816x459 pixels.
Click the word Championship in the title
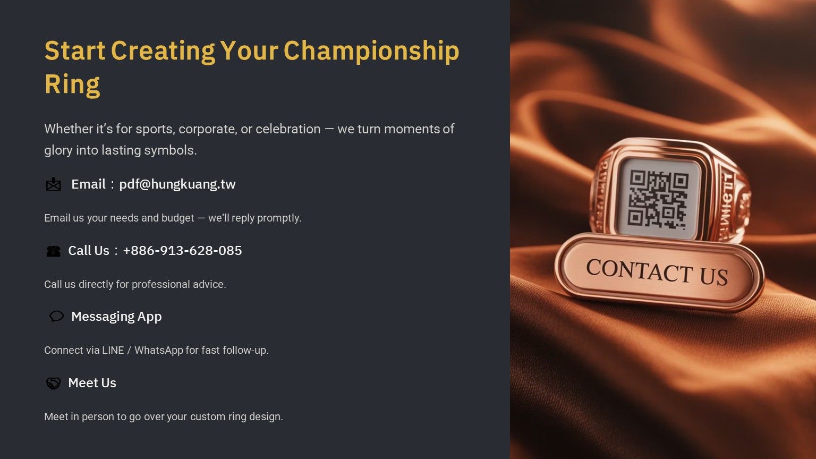(371, 51)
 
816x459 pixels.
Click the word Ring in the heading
(72, 84)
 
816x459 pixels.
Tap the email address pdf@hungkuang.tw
(177, 184)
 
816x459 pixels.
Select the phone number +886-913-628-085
(183, 251)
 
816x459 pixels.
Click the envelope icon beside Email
(54, 185)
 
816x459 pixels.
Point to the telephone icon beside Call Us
(53, 251)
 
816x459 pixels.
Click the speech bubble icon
(56, 316)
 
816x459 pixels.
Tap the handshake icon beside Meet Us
(53, 383)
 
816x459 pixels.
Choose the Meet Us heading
(92, 383)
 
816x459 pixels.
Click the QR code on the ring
(658, 199)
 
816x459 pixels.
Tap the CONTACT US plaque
(659, 272)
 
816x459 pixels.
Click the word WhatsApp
(159, 351)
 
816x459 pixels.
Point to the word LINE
(113, 351)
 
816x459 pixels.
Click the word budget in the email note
(178, 218)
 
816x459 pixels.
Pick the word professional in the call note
(160, 285)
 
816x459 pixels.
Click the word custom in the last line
(208, 416)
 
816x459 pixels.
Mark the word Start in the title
(75, 51)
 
